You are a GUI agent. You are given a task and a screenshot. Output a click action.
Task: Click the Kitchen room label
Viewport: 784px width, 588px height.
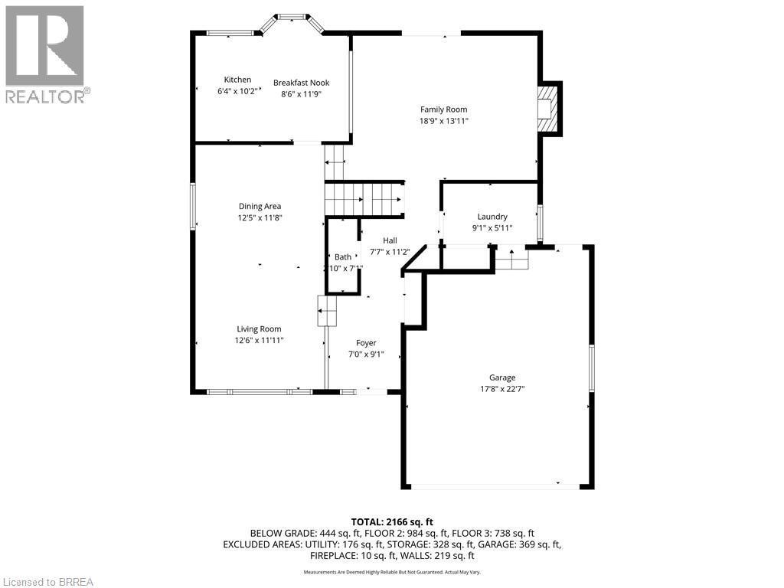pyautogui.click(x=237, y=80)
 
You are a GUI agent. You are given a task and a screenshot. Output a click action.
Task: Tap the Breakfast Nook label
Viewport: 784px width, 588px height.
pyautogui.click(x=302, y=83)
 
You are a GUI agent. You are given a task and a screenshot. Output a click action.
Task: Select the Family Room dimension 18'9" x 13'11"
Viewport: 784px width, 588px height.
pyautogui.click(x=443, y=121)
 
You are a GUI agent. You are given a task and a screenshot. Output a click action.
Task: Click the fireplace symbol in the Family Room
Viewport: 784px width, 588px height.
pyautogui.click(x=548, y=108)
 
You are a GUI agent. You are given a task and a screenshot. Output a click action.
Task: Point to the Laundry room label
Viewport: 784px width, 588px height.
pyautogui.click(x=492, y=217)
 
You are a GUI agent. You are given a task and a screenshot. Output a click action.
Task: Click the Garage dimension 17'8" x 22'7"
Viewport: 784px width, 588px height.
pyautogui.click(x=502, y=389)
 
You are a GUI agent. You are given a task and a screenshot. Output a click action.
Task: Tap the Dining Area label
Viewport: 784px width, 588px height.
pyautogui.click(x=260, y=206)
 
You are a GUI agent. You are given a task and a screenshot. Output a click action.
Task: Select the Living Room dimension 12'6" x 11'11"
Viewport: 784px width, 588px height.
pyautogui.click(x=260, y=341)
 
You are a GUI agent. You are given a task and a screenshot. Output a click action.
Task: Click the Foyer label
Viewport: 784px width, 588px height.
pyautogui.click(x=366, y=343)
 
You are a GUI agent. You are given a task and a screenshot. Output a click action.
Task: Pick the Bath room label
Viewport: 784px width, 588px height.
pyautogui.click(x=342, y=257)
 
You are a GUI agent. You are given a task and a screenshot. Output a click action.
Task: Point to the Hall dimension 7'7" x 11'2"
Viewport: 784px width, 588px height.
pyautogui.click(x=390, y=252)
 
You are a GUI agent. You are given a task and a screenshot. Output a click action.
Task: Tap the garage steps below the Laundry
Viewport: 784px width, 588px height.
pyautogui.click(x=511, y=260)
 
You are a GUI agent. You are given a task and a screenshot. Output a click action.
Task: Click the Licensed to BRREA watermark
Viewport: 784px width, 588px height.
pyautogui.click(x=47, y=581)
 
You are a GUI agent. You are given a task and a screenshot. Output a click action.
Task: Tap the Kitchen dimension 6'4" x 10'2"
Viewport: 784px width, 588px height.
pyautogui.click(x=237, y=92)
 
